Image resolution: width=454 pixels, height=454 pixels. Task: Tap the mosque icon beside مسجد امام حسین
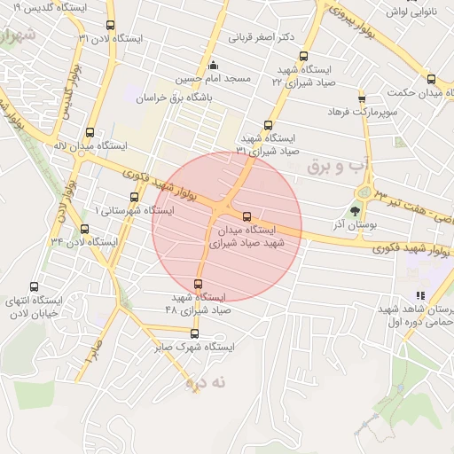tap(212, 66)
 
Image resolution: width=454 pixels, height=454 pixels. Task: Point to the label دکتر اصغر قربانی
tap(262, 38)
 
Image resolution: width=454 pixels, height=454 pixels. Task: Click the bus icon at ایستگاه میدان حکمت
tap(431, 78)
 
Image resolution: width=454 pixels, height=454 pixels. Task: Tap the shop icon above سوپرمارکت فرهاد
tap(362, 98)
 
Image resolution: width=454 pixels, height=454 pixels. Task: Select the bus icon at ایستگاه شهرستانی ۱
tap(134, 197)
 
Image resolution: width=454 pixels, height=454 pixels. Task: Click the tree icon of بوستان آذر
tap(355, 211)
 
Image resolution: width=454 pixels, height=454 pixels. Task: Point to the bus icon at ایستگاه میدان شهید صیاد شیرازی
tap(247, 215)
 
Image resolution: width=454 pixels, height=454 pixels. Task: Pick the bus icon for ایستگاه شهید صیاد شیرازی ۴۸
tap(198, 284)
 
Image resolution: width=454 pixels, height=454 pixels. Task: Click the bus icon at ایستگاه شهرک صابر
tap(195, 334)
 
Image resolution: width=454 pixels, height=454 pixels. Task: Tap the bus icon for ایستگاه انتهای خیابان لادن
tap(34, 287)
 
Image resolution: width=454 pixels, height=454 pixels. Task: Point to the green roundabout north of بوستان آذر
tap(363, 193)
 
